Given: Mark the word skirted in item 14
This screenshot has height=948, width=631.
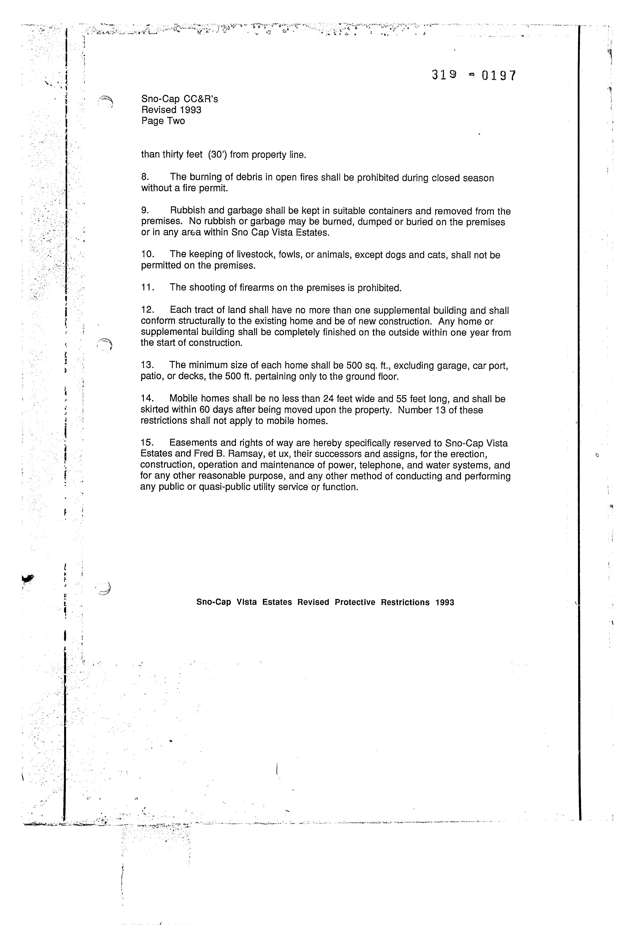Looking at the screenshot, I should [x=155, y=410].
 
